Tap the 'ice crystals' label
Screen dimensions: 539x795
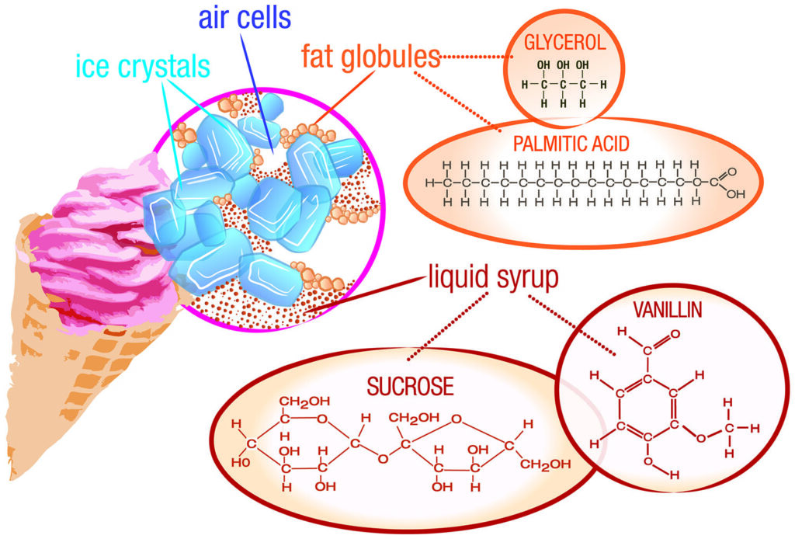pos(144,65)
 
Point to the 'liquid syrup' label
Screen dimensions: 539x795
pos(492,278)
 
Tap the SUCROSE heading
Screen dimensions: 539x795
pos(401,386)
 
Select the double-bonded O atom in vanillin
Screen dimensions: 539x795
pos(674,335)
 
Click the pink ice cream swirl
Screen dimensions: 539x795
pos(93,233)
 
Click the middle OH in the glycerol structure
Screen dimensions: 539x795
pos(564,64)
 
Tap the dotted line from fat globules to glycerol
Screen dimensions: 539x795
pos(474,56)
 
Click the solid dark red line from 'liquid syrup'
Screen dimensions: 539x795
pos(365,295)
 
